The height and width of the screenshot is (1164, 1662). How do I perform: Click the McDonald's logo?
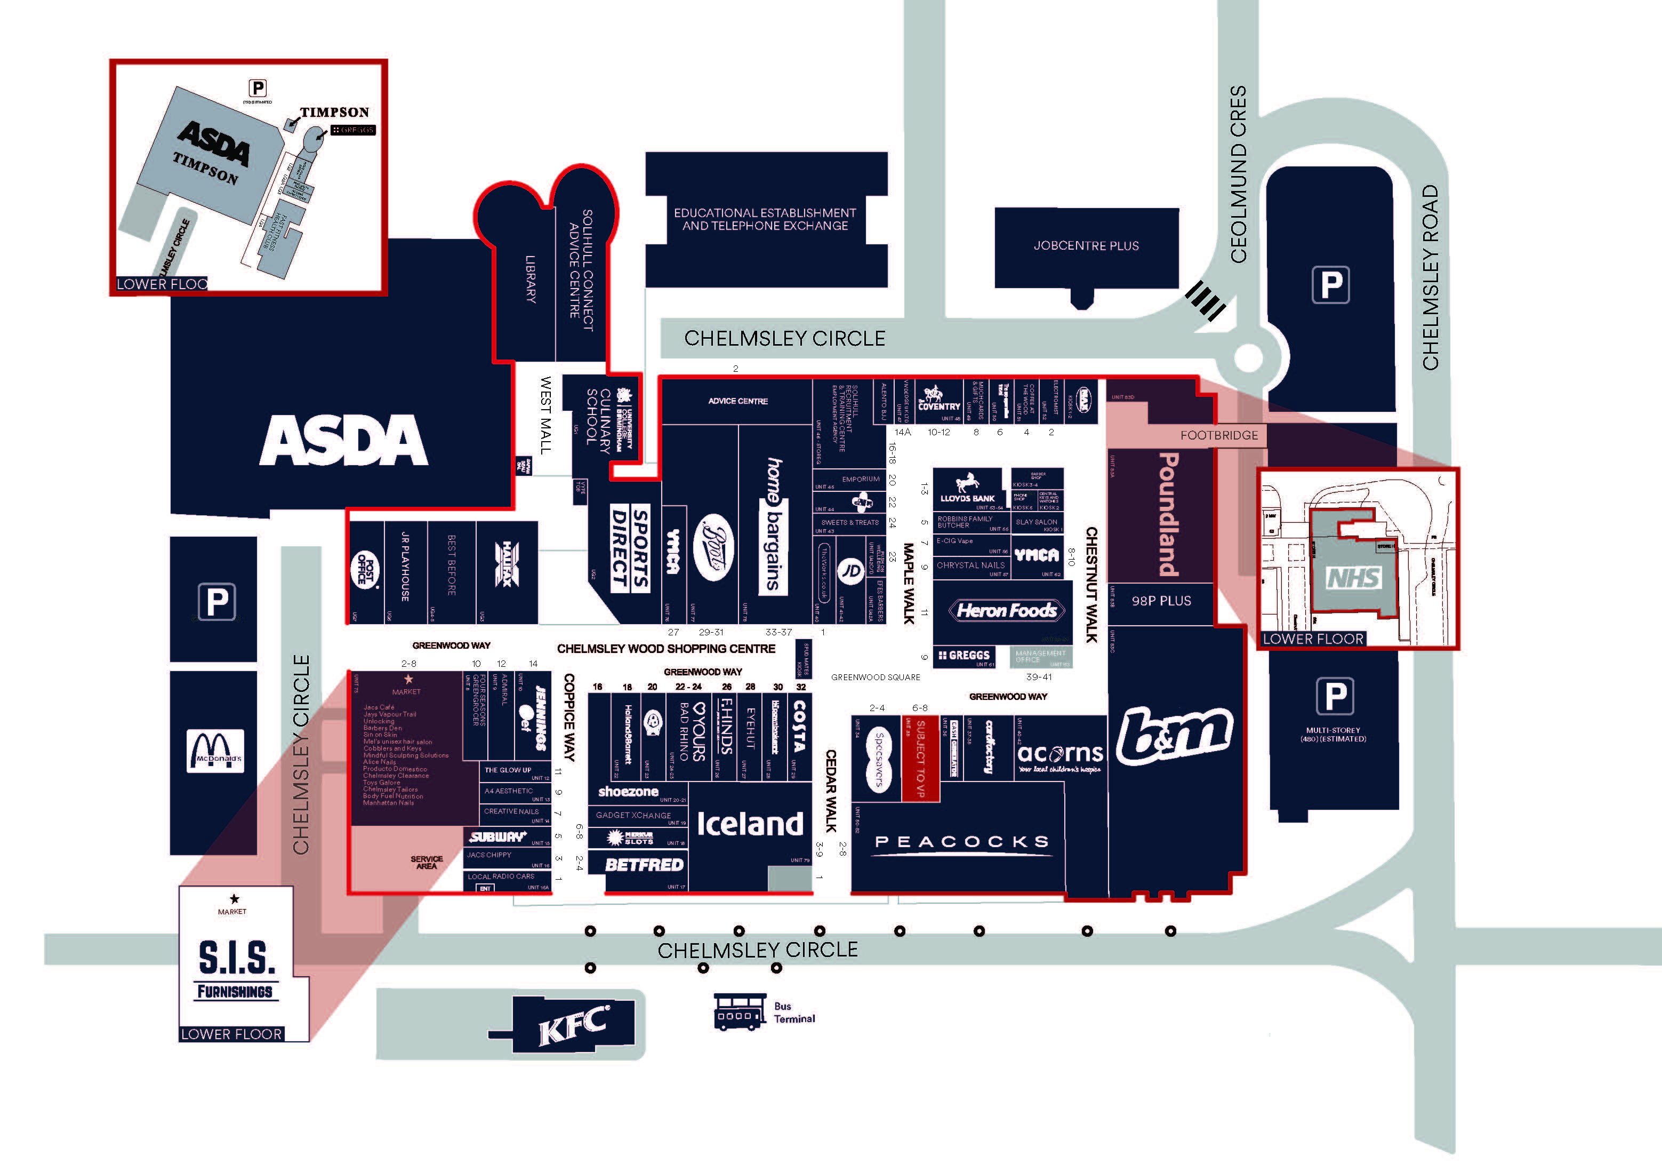215,751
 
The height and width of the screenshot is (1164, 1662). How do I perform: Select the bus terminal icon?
740,1012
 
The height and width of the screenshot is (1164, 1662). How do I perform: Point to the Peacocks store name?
962,842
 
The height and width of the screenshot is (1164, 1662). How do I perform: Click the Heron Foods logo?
1006,611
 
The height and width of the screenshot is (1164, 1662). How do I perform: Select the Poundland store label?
1168,514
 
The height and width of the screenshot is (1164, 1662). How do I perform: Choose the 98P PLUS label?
1161,601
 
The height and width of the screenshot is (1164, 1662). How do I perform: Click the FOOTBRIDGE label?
1219,435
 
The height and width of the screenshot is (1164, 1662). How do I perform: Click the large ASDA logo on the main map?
344,441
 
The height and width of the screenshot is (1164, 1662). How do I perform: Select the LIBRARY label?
531,279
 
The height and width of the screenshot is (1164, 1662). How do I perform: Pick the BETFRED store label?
644,865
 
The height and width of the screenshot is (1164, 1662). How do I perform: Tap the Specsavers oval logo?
879,759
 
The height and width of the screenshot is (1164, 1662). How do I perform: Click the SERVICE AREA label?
427,862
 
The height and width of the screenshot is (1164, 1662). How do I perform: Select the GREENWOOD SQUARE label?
875,677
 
